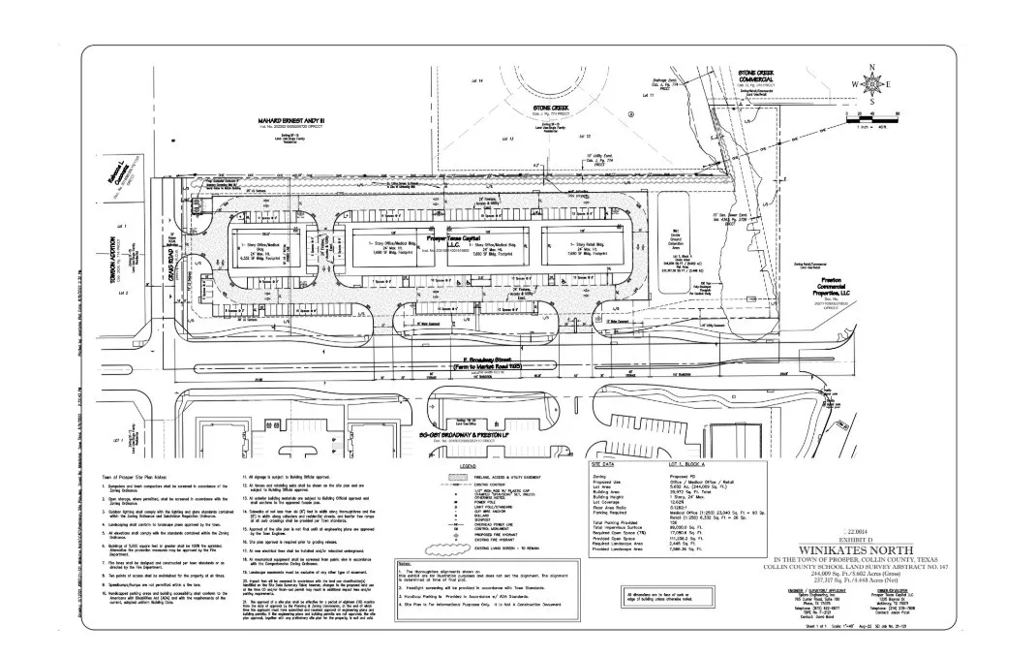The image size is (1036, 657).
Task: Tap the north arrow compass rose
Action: coord(872,85)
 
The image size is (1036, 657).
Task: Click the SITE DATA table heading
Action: coord(611,465)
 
